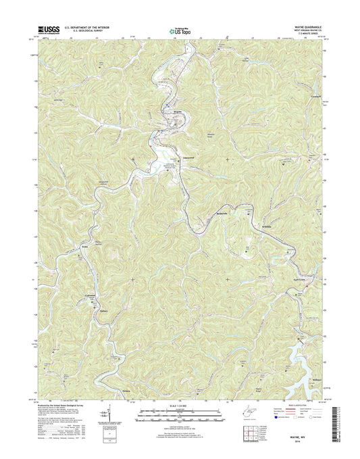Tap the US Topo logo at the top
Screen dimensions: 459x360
click(x=178, y=30)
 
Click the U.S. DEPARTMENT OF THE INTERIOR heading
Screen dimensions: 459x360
click(x=88, y=28)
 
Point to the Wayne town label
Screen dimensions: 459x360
click(x=179, y=110)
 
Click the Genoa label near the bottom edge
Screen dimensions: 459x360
click(x=164, y=391)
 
